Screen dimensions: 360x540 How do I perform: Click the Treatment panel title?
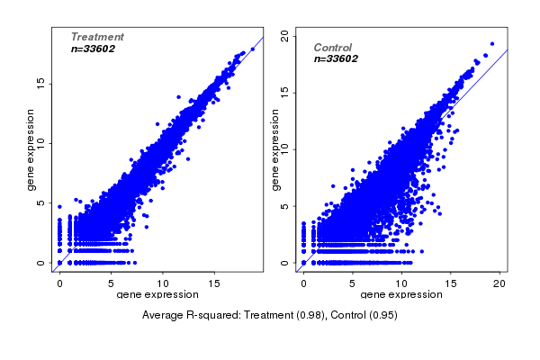click(x=97, y=37)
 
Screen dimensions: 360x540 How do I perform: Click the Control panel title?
click(x=332, y=48)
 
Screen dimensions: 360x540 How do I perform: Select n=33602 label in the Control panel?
click(x=337, y=58)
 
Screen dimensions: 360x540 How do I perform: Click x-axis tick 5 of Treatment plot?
click(x=112, y=283)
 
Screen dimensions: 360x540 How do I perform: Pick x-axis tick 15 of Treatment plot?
click(x=215, y=283)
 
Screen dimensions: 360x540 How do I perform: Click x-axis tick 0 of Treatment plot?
click(x=59, y=283)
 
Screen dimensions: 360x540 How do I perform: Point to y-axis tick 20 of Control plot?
click(x=284, y=35)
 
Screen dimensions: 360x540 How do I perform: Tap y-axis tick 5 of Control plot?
click(x=284, y=206)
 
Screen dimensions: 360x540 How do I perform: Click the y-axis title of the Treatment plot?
click(x=31, y=149)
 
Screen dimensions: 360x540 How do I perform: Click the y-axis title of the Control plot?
click(x=276, y=149)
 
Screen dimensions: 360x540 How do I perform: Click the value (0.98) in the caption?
click(x=308, y=316)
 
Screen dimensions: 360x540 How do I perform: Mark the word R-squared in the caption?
click(x=211, y=316)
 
